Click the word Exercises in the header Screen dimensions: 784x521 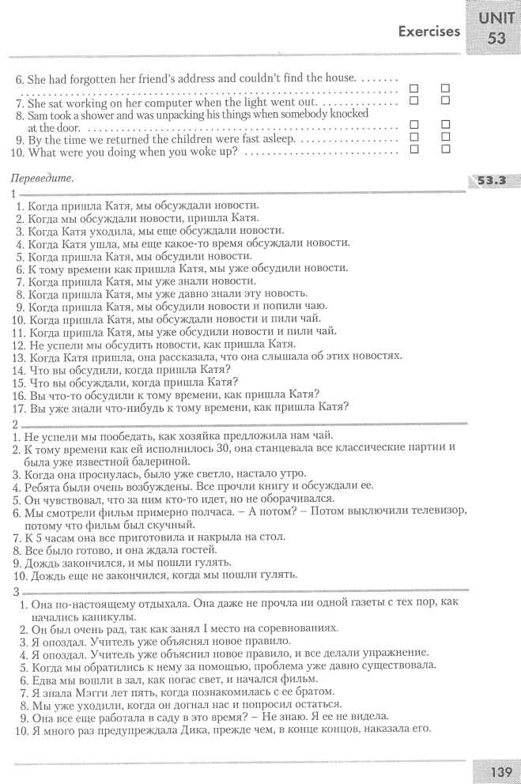pyautogui.click(x=429, y=32)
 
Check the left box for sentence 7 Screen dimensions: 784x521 pyautogui.click(x=413, y=101)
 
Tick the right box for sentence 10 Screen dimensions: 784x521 pyautogui.click(x=445, y=149)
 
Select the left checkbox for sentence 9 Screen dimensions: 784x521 pyautogui.click(x=413, y=137)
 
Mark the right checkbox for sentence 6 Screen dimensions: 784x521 pyautogui.click(x=445, y=89)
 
